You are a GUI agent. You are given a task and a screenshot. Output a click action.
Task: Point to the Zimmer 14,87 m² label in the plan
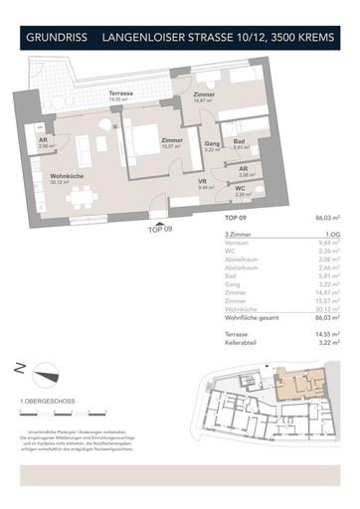[x=204, y=97]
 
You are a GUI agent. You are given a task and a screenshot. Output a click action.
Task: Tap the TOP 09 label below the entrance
[x=160, y=229]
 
